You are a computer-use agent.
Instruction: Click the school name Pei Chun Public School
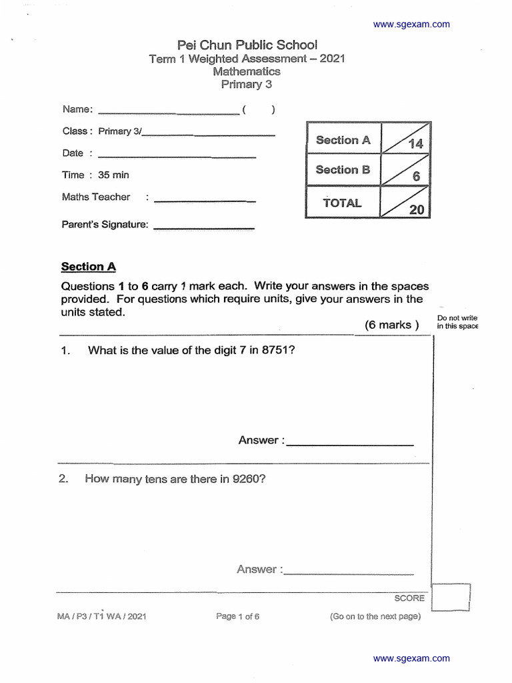[x=247, y=45]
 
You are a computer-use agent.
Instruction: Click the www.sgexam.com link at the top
[x=411, y=25]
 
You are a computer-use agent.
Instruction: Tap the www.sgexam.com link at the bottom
[x=411, y=658]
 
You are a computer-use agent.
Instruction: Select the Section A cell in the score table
[x=343, y=140]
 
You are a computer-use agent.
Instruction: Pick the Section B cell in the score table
[x=343, y=170]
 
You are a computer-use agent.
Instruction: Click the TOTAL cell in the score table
[x=342, y=203]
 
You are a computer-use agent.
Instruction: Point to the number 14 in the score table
[x=415, y=144]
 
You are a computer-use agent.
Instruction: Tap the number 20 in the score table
[x=416, y=209]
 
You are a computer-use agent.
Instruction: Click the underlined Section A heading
[x=89, y=267]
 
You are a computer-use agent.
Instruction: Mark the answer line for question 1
[x=350, y=444]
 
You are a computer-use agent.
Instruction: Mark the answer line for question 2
[x=349, y=573]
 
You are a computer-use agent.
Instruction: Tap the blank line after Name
[x=168, y=113]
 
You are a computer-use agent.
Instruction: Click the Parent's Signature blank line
[x=204, y=229]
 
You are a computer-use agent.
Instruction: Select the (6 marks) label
[x=392, y=325]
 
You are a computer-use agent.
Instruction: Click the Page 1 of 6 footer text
[x=238, y=616]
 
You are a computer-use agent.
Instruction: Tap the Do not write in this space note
[x=457, y=322]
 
